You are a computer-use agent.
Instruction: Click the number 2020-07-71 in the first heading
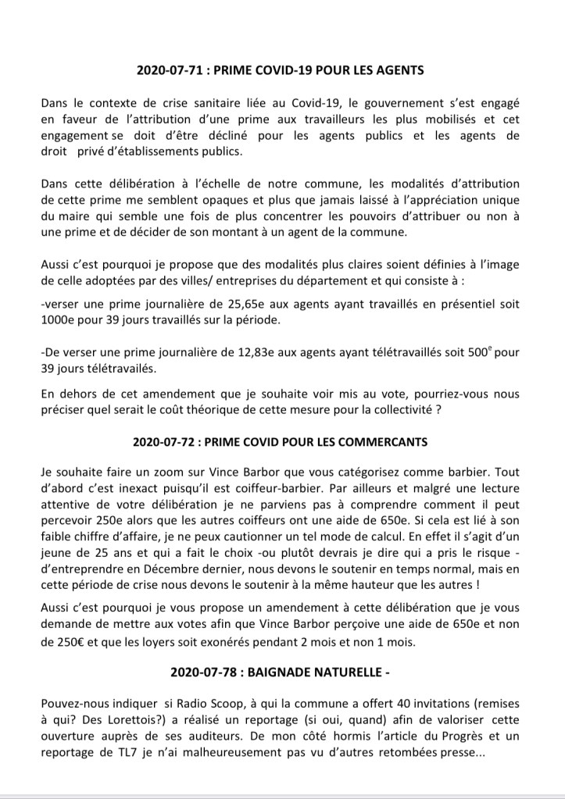168,70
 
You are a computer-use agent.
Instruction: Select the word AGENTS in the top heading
396,70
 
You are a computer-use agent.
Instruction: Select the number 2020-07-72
167,441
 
